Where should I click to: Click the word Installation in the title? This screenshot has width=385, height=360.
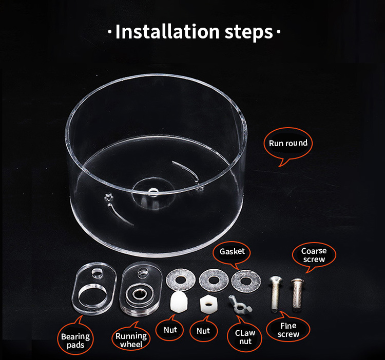[x=167, y=32]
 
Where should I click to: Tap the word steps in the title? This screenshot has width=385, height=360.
[x=248, y=33]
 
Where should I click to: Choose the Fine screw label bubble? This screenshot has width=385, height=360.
[x=288, y=328]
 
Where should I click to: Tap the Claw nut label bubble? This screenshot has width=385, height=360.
[x=245, y=336]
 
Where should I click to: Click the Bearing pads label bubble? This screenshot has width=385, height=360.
[x=75, y=338]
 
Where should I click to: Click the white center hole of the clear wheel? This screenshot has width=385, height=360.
[x=153, y=192]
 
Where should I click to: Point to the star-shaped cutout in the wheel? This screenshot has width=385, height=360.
[x=108, y=197]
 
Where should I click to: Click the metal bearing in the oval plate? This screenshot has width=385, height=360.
[x=139, y=293]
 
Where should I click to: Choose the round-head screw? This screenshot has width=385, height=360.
[x=297, y=294]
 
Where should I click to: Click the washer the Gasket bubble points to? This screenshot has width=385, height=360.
[x=246, y=281]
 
